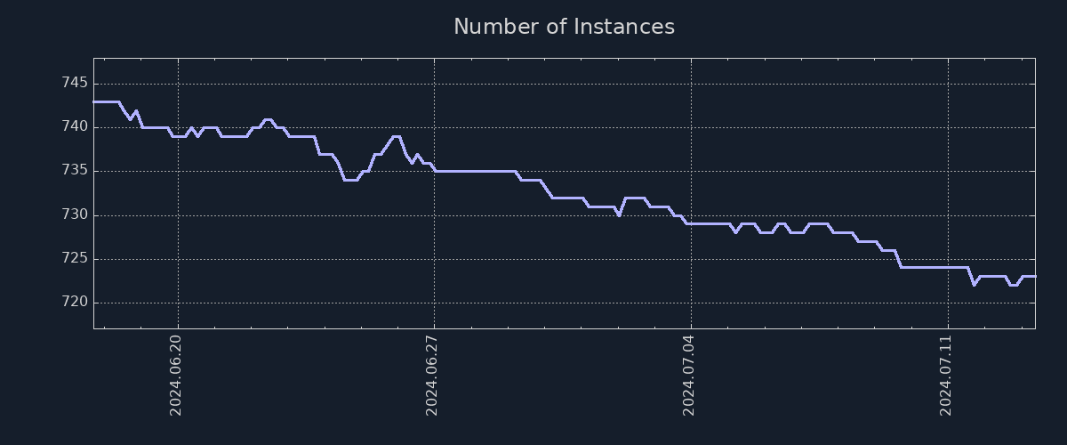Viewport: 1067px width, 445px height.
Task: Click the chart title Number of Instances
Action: (x=564, y=27)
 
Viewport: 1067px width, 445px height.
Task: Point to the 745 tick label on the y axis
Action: (x=75, y=84)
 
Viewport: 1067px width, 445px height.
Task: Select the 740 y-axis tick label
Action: (x=75, y=127)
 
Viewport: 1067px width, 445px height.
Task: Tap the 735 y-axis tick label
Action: (x=75, y=171)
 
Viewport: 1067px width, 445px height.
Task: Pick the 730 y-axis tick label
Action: (x=75, y=215)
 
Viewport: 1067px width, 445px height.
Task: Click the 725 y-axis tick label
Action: (x=75, y=259)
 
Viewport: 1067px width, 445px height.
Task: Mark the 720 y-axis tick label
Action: (x=75, y=303)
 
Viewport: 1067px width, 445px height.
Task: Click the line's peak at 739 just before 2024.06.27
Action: (x=397, y=136)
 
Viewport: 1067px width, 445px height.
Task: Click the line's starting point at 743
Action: (x=94, y=101)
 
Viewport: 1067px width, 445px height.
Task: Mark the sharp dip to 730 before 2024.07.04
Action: (x=619, y=215)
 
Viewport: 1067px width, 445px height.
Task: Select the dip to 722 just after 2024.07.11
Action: (x=974, y=285)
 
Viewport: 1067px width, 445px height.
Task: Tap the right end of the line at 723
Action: (x=1034, y=276)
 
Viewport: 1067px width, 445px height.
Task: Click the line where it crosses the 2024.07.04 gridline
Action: (x=691, y=223)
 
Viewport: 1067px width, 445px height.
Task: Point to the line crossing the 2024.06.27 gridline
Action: (x=434, y=169)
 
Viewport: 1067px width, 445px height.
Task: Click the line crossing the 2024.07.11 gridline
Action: (x=948, y=267)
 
